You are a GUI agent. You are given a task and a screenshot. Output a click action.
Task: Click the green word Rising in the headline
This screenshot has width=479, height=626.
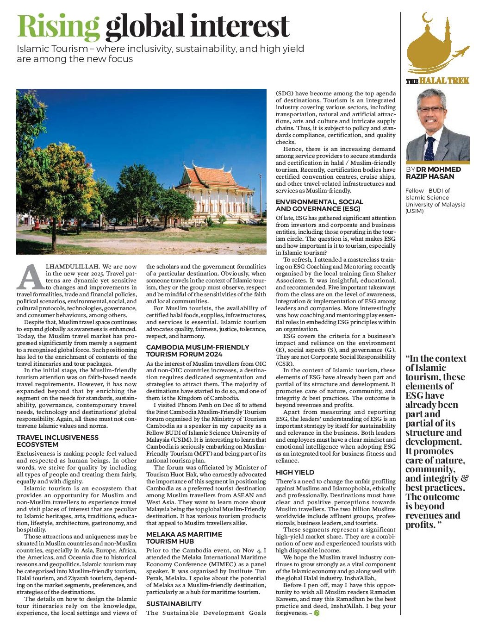(x=58, y=27)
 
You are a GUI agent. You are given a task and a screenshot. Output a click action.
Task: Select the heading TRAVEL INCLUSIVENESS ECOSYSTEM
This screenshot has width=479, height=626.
(x=57, y=441)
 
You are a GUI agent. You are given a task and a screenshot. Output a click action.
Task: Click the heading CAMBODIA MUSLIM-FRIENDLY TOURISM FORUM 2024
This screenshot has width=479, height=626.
(x=198, y=351)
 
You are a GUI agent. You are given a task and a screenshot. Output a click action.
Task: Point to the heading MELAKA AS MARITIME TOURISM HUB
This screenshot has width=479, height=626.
(x=184, y=538)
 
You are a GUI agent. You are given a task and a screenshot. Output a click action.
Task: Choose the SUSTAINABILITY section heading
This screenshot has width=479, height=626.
(x=174, y=604)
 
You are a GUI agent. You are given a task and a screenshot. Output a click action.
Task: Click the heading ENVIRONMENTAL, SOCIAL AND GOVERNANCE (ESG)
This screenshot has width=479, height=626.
(x=319, y=205)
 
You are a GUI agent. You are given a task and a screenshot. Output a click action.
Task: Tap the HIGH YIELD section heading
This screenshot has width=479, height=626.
(x=295, y=472)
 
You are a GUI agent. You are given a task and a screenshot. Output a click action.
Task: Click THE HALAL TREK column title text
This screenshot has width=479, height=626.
(x=437, y=81)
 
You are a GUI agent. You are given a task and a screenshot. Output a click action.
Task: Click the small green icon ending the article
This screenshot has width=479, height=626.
(x=317, y=613)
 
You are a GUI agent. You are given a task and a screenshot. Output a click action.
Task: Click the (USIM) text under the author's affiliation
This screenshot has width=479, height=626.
(x=414, y=211)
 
